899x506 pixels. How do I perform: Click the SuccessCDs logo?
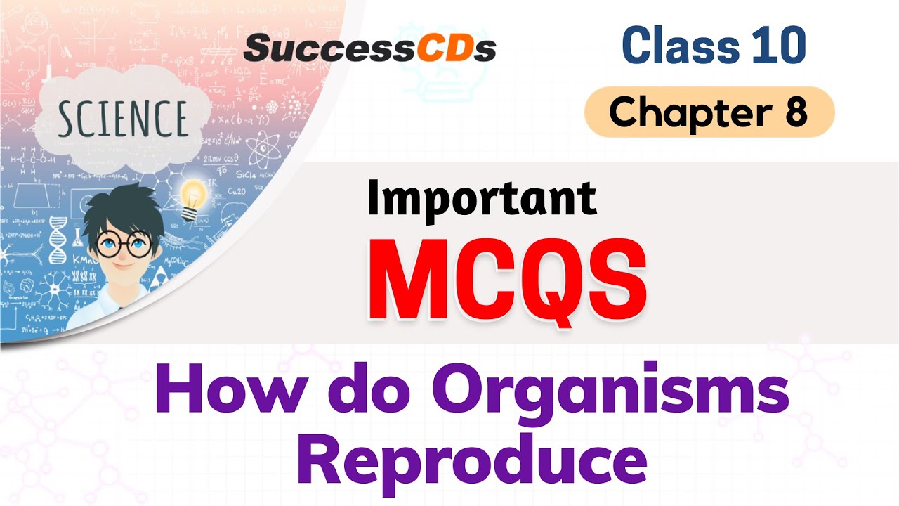click(x=370, y=48)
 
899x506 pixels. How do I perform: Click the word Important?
click(x=482, y=199)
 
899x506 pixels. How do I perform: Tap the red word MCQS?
click(x=506, y=279)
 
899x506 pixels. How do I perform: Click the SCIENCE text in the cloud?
click(x=123, y=118)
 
